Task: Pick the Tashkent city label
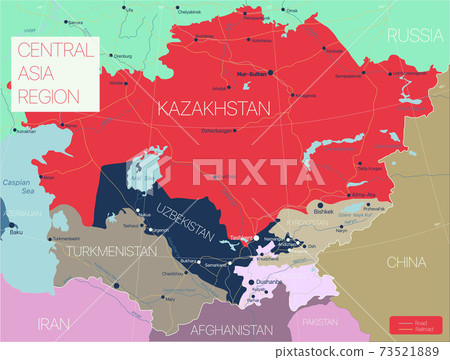point(243,237)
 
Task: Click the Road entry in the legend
point(419,322)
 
